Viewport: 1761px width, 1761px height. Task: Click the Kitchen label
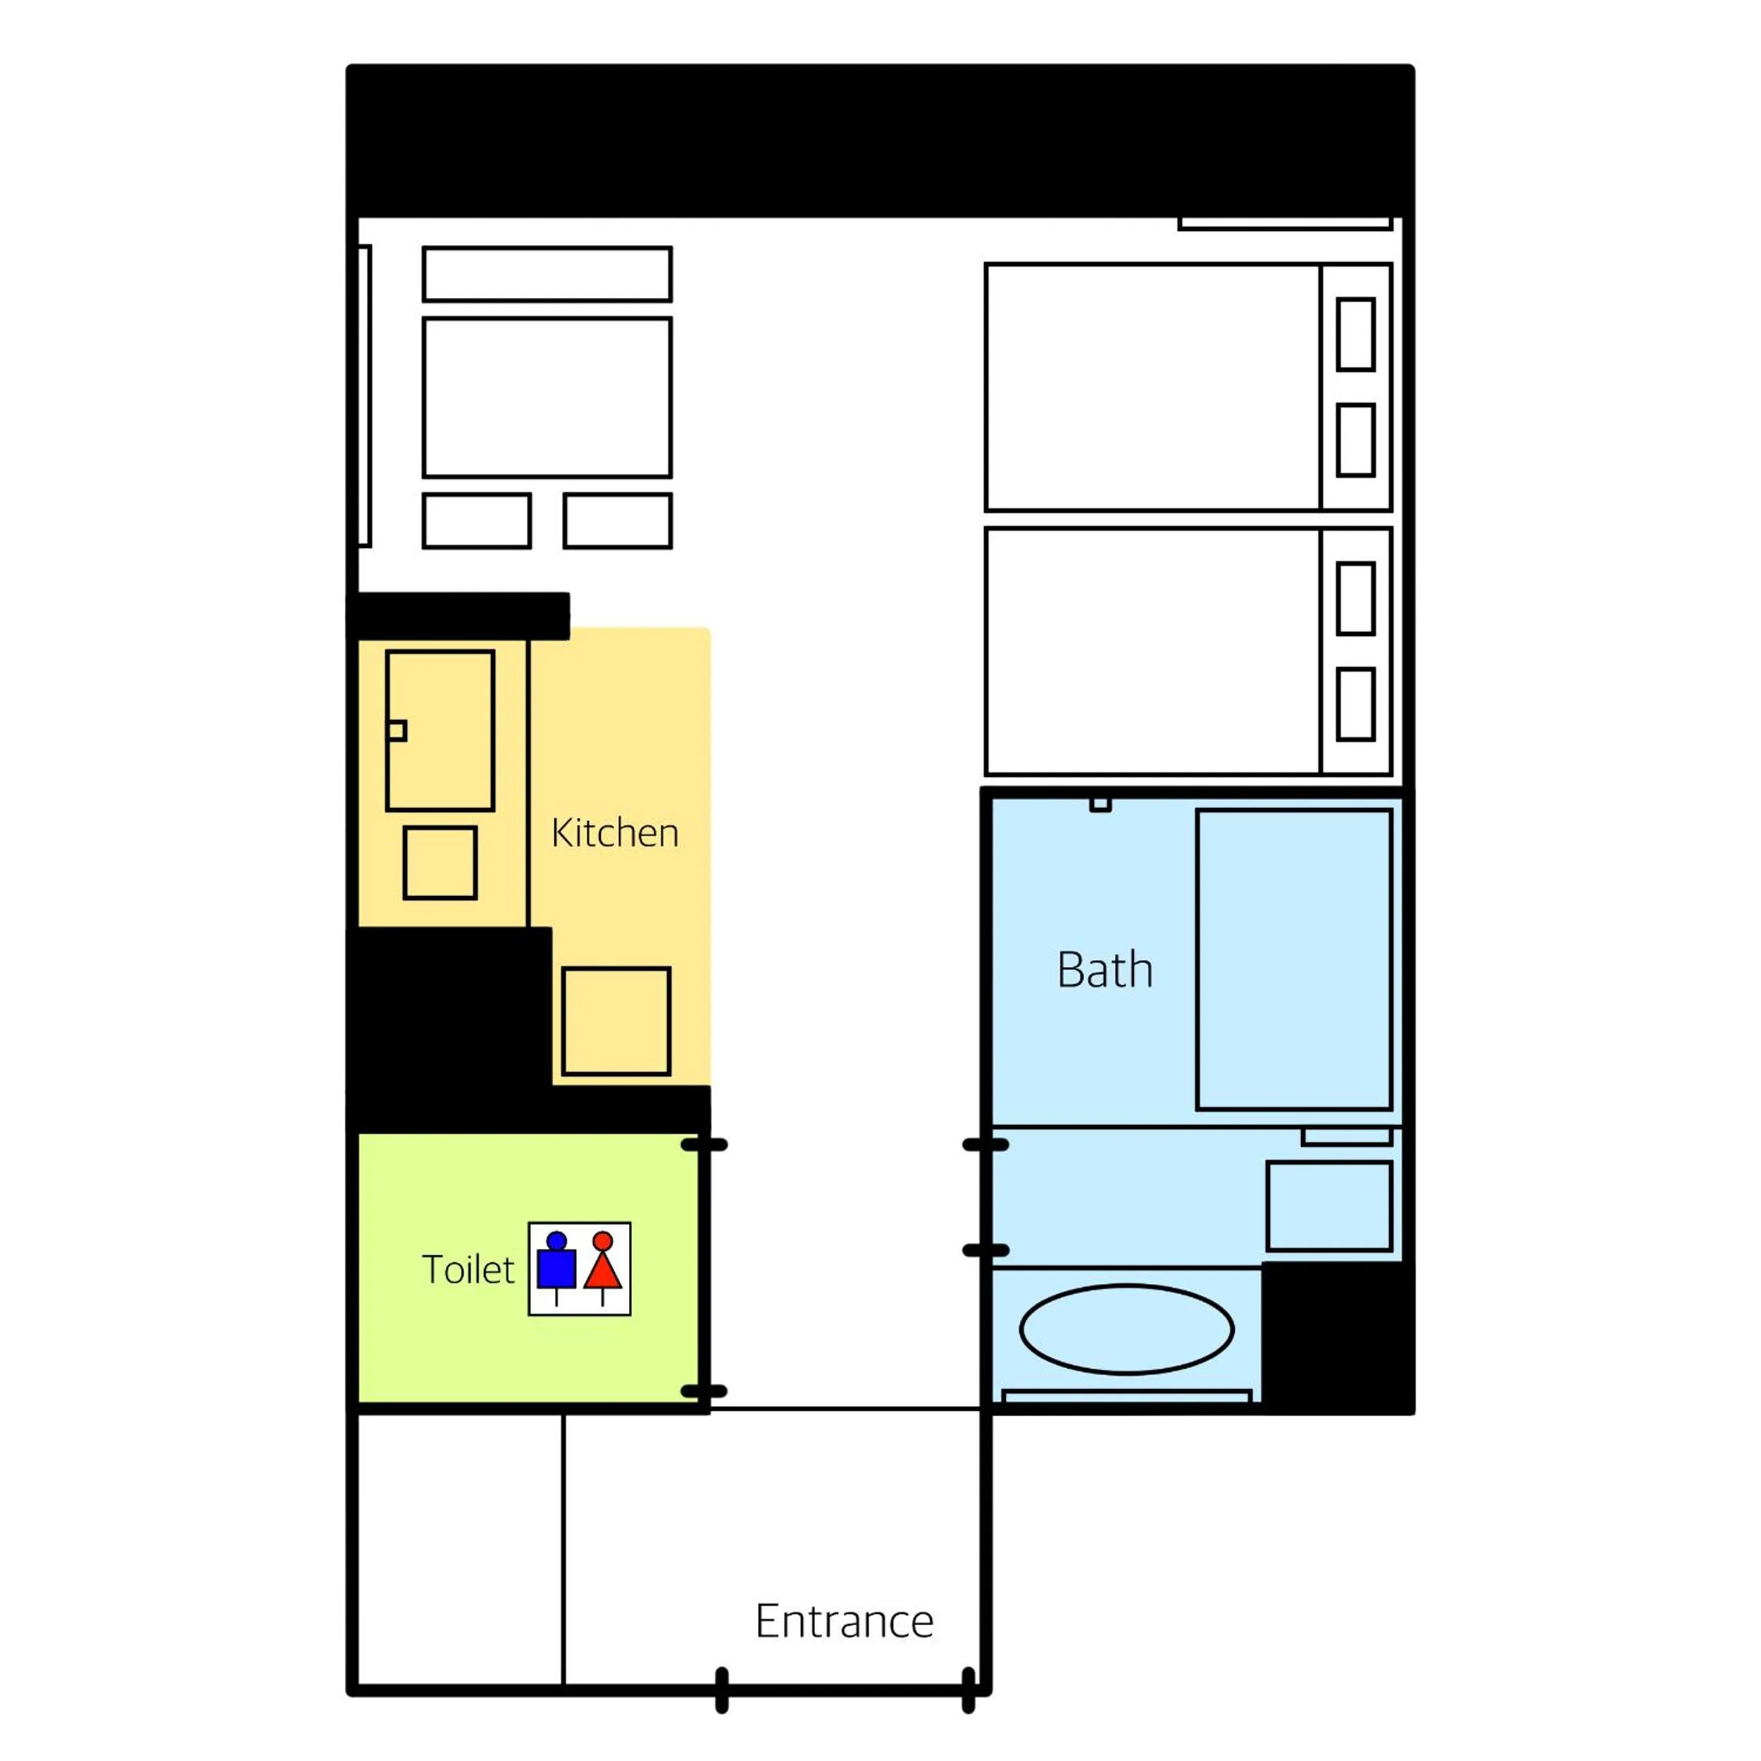[x=615, y=833]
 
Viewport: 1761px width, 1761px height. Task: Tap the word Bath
[x=1104, y=970]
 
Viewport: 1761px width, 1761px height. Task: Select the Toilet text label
[x=468, y=1270]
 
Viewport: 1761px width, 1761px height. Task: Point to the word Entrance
[x=844, y=1621]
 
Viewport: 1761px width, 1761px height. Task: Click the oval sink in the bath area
[x=1126, y=1329]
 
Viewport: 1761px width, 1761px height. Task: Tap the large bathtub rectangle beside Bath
[x=1294, y=960]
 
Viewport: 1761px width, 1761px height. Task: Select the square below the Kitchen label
[x=616, y=1021]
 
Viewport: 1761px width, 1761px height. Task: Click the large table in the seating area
[x=547, y=397]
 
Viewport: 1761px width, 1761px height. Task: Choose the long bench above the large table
[x=547, y=273]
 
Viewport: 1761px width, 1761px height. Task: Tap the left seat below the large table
[x=477, y=521]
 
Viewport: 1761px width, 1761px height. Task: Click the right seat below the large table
[x=618, y=521]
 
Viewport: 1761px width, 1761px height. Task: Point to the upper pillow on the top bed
[x=1355, y=335]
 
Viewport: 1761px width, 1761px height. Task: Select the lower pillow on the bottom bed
[x=1355, y=704]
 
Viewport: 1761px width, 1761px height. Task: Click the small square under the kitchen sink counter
[x=440, y=863]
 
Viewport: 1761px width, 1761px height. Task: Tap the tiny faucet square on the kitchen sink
[x=397, y=731]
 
